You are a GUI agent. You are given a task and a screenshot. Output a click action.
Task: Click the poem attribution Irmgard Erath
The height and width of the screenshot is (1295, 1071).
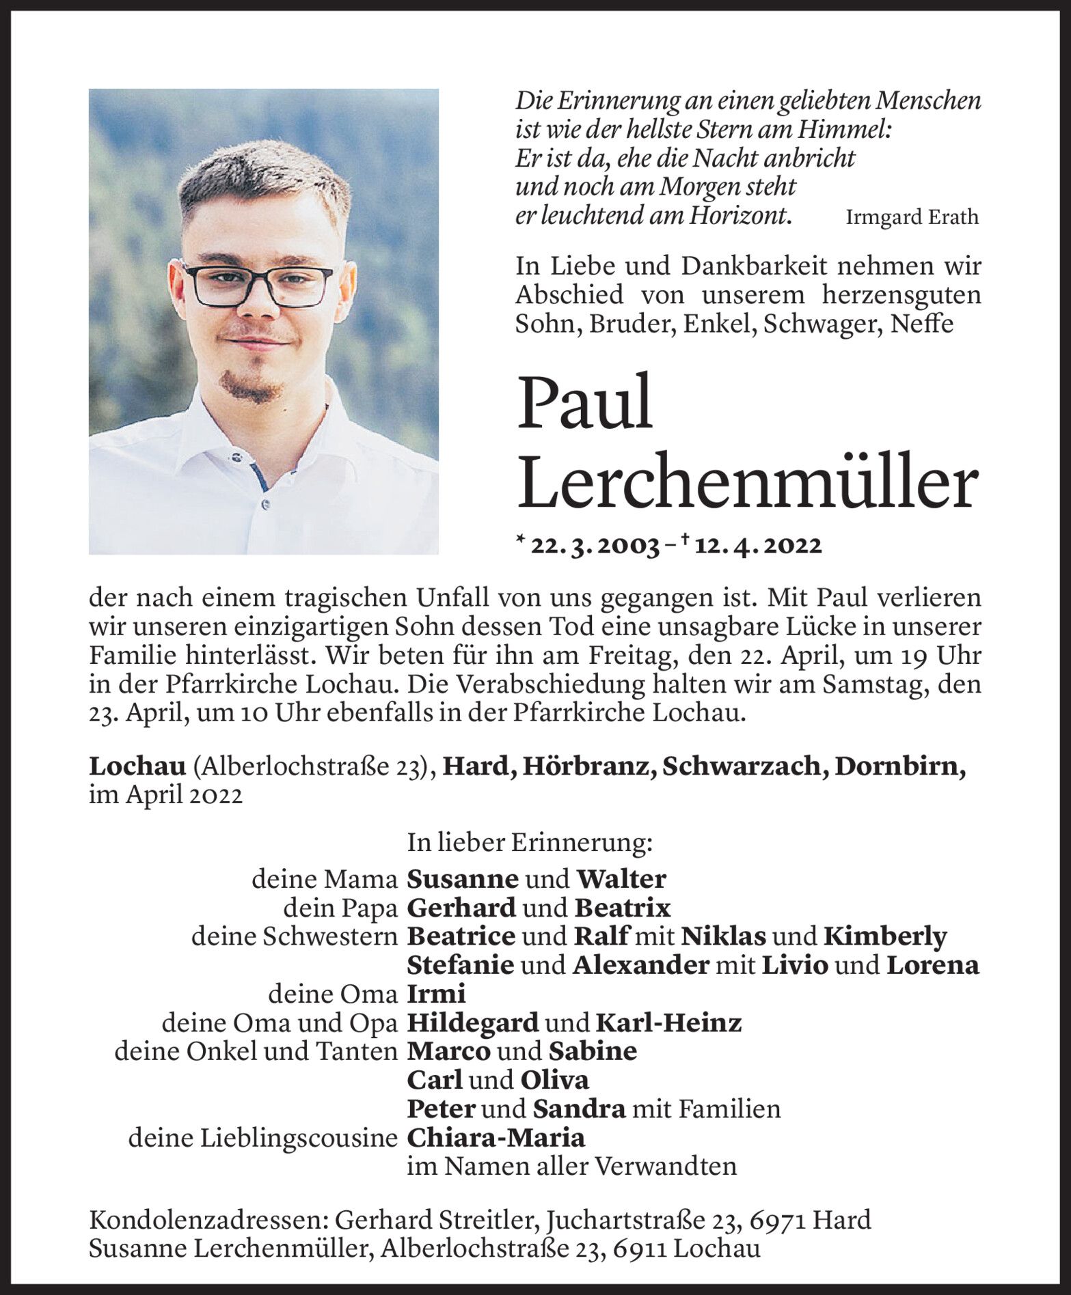click(912, 218)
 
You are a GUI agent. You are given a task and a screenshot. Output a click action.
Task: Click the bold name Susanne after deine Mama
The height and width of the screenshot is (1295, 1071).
click(463, 879)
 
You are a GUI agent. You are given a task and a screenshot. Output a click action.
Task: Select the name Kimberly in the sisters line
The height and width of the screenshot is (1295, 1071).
click(885, 936)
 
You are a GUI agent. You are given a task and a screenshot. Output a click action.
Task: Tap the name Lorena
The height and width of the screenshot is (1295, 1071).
click(933, 965)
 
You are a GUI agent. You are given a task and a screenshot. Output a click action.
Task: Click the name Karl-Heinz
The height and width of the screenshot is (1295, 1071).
click(668, 1023)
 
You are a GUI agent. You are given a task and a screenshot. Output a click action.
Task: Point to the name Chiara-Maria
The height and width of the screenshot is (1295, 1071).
click(496, 1138)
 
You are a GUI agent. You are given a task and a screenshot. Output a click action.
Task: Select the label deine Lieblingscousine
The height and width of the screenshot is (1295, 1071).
click(263, 1138)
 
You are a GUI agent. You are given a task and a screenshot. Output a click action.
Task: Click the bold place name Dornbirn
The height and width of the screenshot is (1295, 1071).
click(900, 767)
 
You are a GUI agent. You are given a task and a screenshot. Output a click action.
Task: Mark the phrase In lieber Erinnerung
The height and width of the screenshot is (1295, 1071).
click(530, 844)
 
